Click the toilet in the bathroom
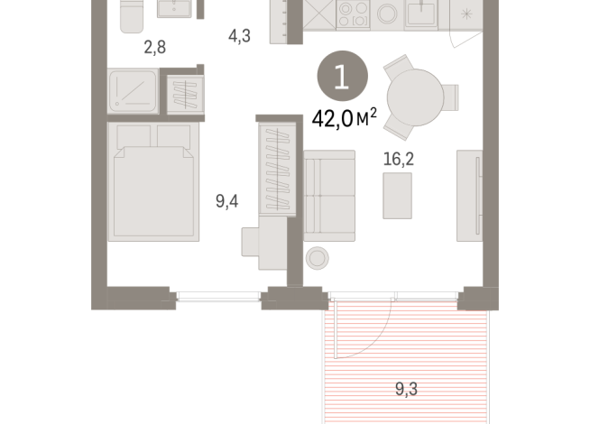(x=132, y=14)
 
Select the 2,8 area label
(x=155, y=48)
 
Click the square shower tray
(x=134, y=90)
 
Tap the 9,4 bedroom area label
(x=226, y=201)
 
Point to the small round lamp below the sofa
(x=318, y=258)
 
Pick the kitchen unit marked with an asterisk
(x=467, y=15)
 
